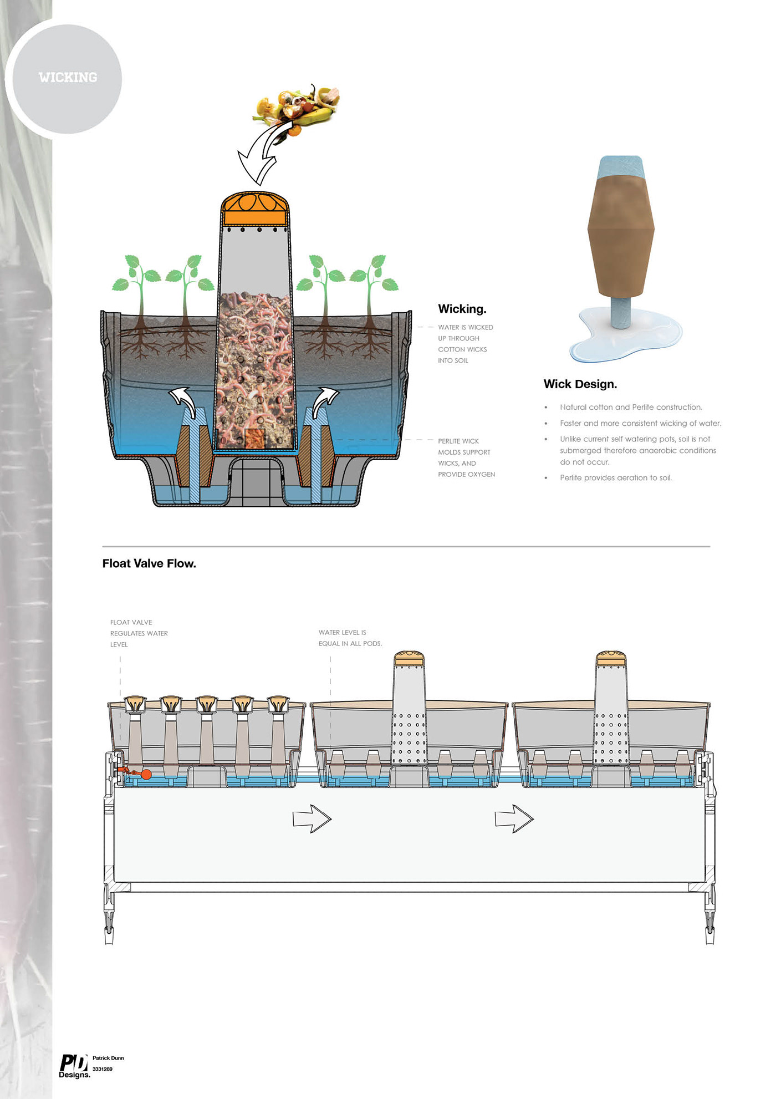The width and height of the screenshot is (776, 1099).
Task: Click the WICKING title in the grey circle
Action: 68,77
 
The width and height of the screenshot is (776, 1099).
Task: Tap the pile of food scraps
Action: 297,107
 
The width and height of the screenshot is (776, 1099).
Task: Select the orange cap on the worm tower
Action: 255,209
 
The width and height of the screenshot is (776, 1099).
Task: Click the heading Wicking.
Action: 462,309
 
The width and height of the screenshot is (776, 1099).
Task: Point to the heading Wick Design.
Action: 580,384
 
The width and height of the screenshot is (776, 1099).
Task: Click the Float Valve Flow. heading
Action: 149,563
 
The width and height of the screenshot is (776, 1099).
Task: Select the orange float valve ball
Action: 146,775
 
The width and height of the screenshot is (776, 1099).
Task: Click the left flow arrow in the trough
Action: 312,818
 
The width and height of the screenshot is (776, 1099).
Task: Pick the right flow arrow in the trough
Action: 514,818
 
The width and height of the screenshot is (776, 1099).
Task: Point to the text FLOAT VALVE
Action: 131,623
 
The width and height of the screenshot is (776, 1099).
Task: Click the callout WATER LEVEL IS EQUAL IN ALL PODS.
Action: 350,638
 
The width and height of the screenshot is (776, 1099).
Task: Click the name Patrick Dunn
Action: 108,1058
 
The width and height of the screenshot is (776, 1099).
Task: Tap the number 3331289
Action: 103,1069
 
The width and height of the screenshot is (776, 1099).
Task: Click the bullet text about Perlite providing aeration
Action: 616,478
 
